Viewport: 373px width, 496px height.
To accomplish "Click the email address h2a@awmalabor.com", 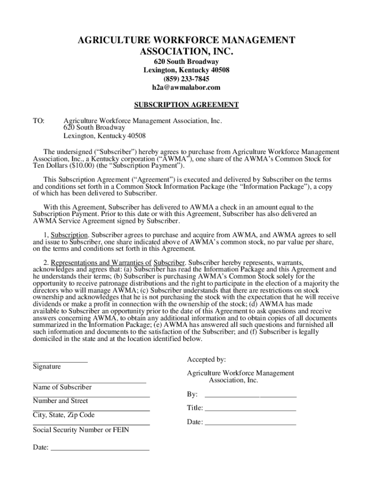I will coord(186,88).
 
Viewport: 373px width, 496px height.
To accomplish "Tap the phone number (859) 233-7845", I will coord(186,79).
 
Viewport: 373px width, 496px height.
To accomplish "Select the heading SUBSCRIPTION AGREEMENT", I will coord(186,105).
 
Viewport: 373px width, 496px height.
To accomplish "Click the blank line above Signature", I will coord(60,361).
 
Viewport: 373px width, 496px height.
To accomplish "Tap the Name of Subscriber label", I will coord(62,387).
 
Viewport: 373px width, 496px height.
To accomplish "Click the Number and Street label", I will coord(61,401).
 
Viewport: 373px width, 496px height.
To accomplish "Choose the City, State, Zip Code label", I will coord(63,415).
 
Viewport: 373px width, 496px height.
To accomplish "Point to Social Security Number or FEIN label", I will coord(81,430).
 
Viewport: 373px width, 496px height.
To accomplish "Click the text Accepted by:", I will coord(206,359).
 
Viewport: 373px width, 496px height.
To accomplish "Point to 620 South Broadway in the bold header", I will coord(186,62).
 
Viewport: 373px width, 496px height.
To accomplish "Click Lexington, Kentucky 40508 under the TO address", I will coord(105,136).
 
